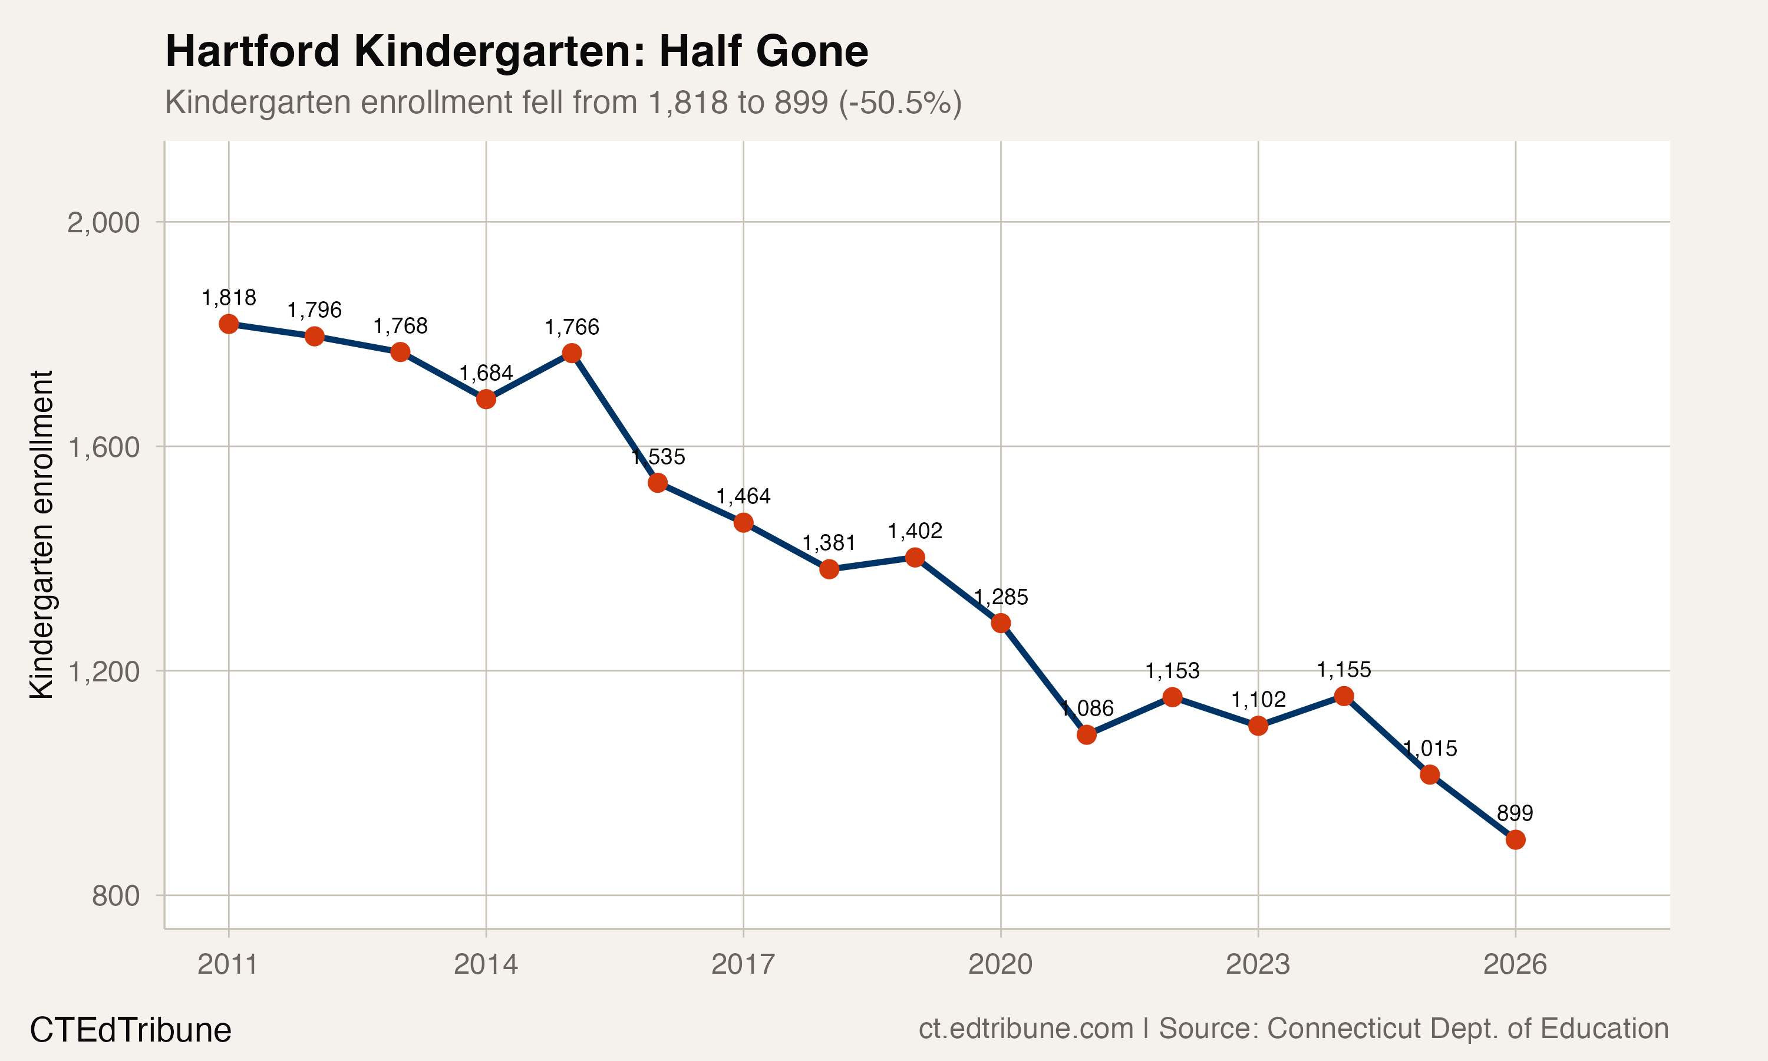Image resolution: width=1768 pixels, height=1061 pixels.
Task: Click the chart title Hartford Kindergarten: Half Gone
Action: pos(516,51)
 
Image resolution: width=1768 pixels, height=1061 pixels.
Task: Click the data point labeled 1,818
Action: pos(229,324)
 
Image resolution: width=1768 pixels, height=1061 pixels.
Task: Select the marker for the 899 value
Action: pos(1515,840)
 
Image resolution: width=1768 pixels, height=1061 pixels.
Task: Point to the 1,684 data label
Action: pos(486,373)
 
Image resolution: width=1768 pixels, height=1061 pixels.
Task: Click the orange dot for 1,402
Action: pos(915,558)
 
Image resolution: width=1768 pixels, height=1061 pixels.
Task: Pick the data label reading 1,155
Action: pos(1344,670)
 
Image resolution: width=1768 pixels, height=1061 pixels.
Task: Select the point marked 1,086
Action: pos(1086,735)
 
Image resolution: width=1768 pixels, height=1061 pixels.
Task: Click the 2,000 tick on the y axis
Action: pos(104,223)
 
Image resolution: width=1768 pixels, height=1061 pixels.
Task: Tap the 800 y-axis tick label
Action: pos(116,896)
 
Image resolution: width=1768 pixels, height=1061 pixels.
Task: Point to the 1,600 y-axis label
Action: pos(104,447)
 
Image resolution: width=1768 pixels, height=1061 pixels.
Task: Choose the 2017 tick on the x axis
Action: pos(743,965)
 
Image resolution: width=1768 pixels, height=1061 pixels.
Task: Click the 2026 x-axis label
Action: pos(1515,965)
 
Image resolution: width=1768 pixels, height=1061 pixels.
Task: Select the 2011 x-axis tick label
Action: pos(227,965)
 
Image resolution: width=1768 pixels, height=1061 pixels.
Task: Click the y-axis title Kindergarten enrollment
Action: pos(41,535)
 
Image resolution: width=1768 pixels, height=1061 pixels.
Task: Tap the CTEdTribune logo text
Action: pos(131,1030)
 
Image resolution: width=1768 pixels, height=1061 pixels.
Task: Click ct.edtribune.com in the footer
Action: pos(1025,1029)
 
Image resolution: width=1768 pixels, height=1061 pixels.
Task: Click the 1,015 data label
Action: pos(1429,749)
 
